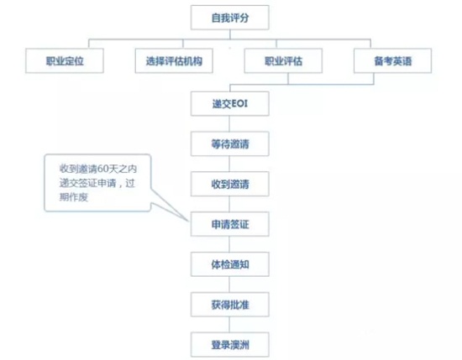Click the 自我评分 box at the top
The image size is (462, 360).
[x=230, y=18]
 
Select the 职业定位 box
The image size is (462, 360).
[x=65, y=60]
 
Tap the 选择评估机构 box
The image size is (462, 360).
[x=174, y=60]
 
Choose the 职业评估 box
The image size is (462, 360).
[x=283, y=60]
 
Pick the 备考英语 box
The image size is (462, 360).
[x=393, y=60]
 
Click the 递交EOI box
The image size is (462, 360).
[x=230, y=103]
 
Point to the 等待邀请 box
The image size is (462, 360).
[x=230, y=143]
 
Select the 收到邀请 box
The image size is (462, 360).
[x=230, y=184]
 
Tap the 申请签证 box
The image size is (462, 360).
[x=230, y=224]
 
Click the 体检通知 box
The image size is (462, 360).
[x=230, y=264]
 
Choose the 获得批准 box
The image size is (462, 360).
[x=230, y=305]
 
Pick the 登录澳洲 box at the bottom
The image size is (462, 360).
[x=230, y=345]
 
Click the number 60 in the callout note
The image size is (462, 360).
[x=103, y=169]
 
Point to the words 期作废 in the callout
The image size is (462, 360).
[x=74, y=197]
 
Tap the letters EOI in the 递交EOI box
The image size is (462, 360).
[x=240, y=103]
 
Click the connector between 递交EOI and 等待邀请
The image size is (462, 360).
[x=229, y=123]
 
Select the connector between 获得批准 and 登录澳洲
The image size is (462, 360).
[x=229, y=325]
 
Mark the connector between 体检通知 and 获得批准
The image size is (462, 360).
[x=229, y=284]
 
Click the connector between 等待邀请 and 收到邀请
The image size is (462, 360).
[x=229, y=164]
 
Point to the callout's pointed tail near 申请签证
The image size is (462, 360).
[x=187, y=220]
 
